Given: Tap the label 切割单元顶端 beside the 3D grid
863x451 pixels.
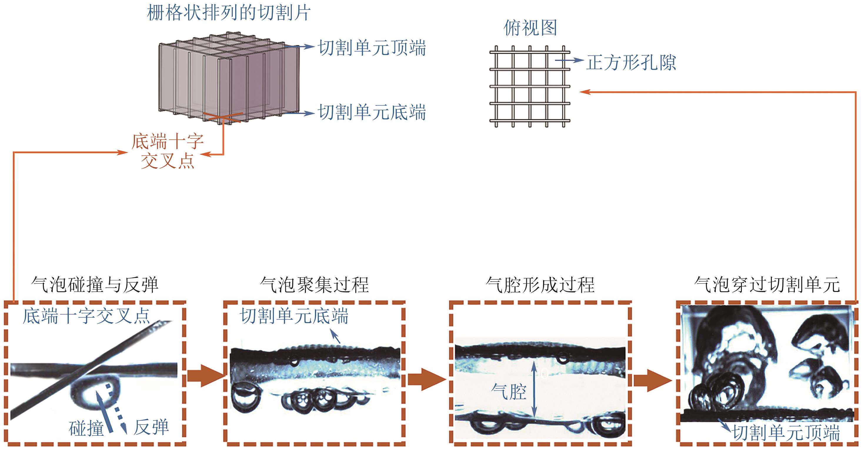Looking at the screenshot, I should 372,48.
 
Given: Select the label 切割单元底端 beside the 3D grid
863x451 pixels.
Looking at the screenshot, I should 372,112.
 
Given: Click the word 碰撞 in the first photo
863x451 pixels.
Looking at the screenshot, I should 86,429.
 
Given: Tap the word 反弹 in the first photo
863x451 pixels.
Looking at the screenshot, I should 151,427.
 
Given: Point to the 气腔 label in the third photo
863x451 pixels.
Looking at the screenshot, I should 509,392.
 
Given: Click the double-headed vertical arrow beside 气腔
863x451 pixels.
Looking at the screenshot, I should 534,390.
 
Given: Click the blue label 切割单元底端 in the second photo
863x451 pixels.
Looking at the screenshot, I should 294,316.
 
